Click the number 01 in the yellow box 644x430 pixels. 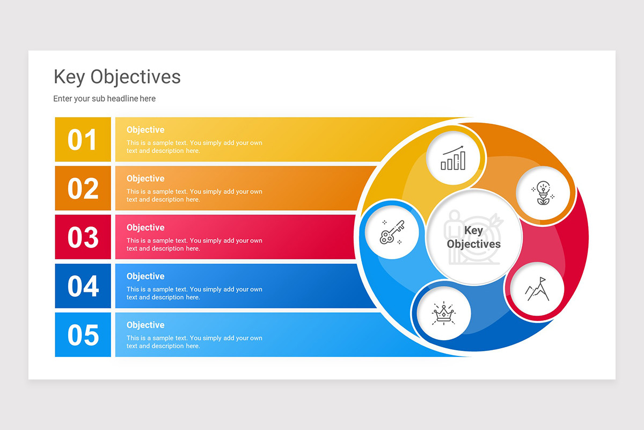83,140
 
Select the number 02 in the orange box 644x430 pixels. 83,189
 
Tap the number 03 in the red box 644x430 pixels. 83,238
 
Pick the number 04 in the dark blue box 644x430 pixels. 83,286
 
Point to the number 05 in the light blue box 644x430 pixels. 83,335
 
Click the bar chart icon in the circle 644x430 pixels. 453,157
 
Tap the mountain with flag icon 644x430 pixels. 537,289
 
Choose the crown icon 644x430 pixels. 443,313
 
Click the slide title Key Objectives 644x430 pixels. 117,77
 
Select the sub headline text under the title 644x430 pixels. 104,98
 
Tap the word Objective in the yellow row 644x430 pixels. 145,130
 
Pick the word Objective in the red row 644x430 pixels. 145,227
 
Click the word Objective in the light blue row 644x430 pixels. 145,325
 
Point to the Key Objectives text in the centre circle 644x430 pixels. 473,237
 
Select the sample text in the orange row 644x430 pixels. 194,196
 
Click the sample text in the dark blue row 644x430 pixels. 194,293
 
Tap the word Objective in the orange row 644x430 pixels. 145,178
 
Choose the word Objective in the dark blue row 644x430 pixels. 145,276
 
